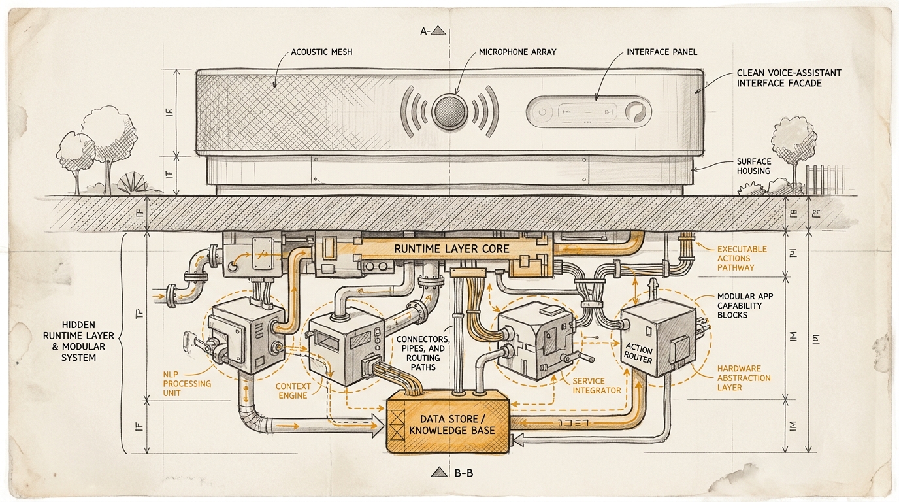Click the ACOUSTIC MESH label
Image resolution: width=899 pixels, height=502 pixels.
coord(322,52)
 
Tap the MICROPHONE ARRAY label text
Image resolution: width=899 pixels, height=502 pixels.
coord(517,52)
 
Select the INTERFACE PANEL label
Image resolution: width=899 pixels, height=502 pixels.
coord(662,52)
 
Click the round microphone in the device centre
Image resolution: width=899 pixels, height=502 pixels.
coord(449,109)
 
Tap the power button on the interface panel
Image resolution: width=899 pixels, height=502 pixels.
coord(541,112)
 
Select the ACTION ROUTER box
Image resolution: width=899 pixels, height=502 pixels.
coord(638,354)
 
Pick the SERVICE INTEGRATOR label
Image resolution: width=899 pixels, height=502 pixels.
coord(597,386)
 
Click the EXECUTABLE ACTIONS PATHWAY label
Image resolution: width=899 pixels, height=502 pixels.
coord(742,258)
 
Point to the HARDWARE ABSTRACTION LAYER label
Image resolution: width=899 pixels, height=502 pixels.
coord(744,378)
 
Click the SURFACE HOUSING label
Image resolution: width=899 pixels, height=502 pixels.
coord(754,166)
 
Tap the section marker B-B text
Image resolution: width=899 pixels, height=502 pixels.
coord(463,473)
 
